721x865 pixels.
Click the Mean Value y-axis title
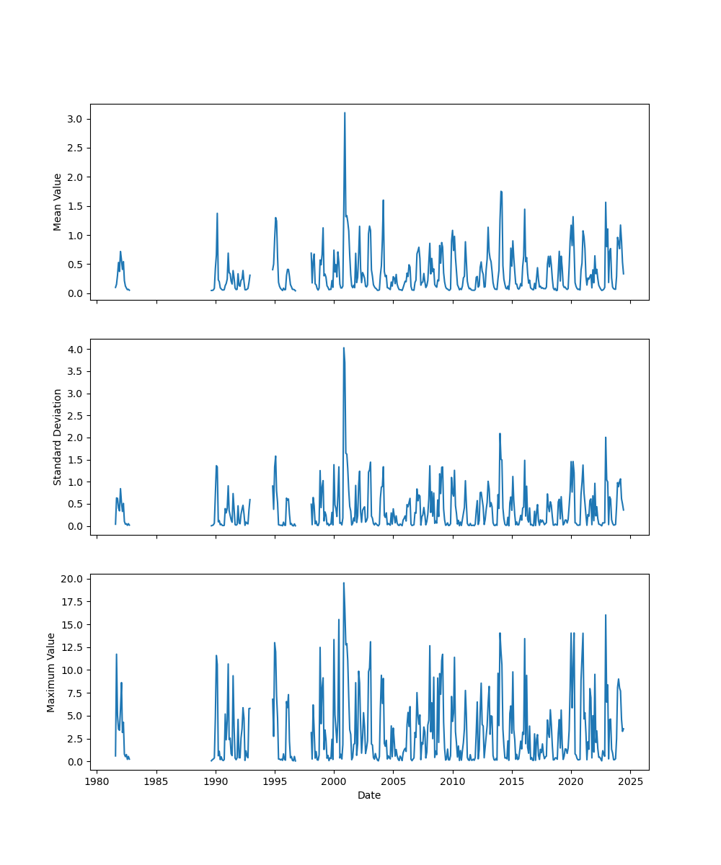pyautogui.click(x=58, y=202)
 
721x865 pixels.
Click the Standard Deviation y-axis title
pyautogui.click(x=58, y=437)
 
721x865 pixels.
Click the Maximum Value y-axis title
pyautogui.click(x=51, y=672)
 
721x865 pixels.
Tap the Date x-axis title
pyautogui.click(x=369, y=795)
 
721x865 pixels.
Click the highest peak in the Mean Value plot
pyautogui.click(x=345, y=112)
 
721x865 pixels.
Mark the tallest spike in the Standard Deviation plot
pyautogui.click(x=343, y=347)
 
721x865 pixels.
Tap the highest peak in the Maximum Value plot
pyautogui.click(x=343, y=582)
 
